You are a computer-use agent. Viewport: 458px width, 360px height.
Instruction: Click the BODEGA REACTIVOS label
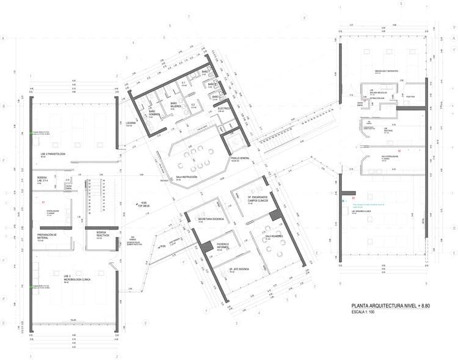coord(103,234)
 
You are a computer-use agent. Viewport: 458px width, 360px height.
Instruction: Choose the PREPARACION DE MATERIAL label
coord(47,235)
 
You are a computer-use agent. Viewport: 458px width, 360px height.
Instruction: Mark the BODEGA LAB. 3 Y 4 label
coord(46,181)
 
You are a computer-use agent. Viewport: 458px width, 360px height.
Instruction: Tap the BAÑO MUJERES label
coord(175,105)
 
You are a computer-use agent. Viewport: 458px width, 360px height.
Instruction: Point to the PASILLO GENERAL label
coord(240,158)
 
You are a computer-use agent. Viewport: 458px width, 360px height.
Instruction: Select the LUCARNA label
coord(131,122)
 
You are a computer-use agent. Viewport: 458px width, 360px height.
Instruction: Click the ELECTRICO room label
coord(225,108)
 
